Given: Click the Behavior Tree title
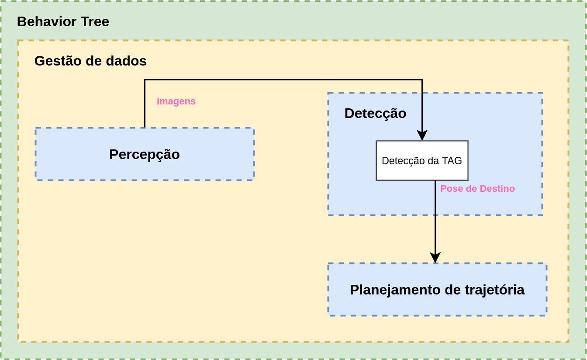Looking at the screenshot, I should [x=63, y=21].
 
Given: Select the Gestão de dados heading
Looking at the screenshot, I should [x=90, y=61].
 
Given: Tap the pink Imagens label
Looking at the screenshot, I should [x=176, y=101].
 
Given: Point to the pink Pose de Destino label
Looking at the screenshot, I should [x=477, y=189].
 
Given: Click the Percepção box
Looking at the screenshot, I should [x=145, y=154].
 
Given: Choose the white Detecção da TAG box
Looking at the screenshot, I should [x=422, y=161].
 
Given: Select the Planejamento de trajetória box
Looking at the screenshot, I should [x=437, y=290].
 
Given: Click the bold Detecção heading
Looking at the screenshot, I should [x=375, y=113].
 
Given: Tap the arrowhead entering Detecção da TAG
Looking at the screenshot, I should [x=422, y=135].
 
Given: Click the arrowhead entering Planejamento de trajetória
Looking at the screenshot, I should [x=435, y=258].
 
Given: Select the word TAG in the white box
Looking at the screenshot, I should [x=452, y=161].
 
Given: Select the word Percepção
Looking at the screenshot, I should [x=145, y=154].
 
